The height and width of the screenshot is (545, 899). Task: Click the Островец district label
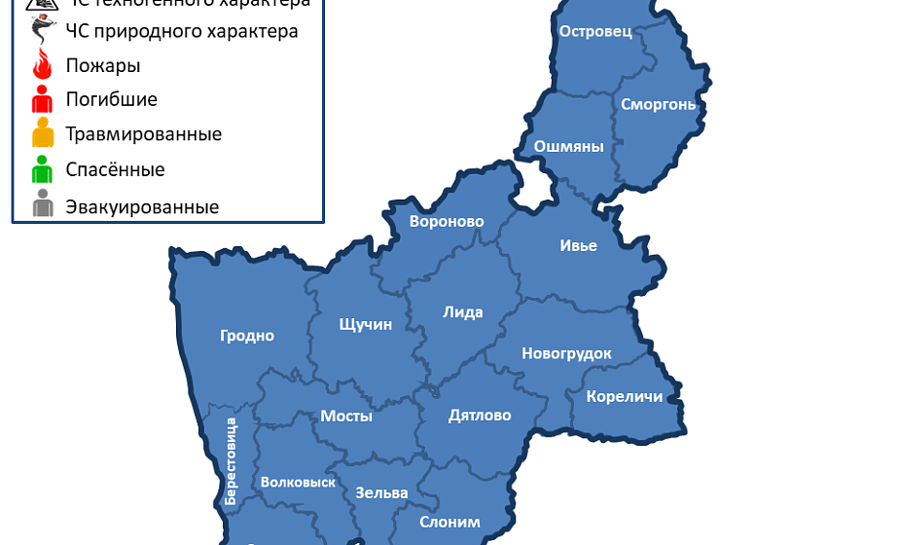click(595, 31)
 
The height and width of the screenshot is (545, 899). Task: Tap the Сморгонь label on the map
click(659, 104)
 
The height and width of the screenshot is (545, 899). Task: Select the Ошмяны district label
click(569, 147)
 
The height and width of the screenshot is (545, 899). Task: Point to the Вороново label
click(447, 222)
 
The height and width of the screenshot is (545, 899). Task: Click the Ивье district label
click(578, 245)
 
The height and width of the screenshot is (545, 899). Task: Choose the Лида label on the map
click(462, 312)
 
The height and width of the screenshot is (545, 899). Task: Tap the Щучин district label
click(365, 324)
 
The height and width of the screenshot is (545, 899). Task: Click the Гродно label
click(247, 336)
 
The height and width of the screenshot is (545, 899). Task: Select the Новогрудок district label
click(566, 353)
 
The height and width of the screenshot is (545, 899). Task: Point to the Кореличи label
click(624, 396)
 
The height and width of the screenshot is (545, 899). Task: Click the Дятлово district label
click(480, 416)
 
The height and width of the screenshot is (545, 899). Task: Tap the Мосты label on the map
click(346, 416)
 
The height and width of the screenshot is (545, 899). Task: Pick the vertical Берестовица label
click(231, 460)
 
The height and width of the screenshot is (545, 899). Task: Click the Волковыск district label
click(298, 482)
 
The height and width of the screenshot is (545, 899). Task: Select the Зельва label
click(381, 492)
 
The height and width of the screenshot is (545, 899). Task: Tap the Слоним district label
click(449, 522)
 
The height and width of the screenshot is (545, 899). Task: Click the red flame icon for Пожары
click(42, 66)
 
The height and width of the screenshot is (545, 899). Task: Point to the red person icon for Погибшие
click(42, 99)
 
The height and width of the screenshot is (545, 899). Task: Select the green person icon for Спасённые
click(42, 169)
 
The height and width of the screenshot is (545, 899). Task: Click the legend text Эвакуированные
click(142, 207)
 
